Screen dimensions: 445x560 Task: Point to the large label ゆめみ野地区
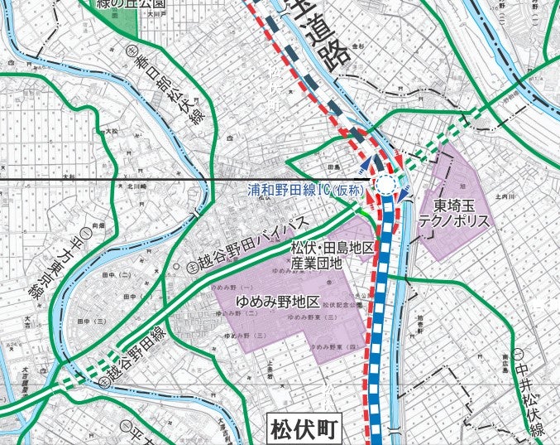click(x=277, y=301)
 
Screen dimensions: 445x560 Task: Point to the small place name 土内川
click(x=502, y=196)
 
